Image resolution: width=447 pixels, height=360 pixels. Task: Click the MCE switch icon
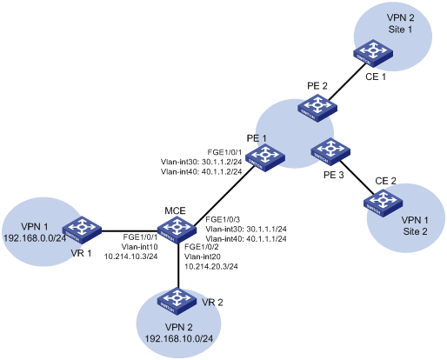tap(176, 230)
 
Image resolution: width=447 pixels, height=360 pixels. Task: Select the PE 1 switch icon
tap(265, 157)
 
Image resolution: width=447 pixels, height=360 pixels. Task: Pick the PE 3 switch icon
tap(330, 151)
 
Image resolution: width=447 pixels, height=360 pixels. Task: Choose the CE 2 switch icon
tap(384, 203)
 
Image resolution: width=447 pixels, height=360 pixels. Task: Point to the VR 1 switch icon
tap(82, 230)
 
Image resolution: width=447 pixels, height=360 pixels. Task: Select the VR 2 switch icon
tap(177, 301)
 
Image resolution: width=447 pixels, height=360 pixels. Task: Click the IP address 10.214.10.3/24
tap(131, 257)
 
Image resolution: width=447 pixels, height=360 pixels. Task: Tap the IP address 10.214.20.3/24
tap(211, 266)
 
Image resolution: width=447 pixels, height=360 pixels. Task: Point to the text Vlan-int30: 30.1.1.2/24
tap(201, 162)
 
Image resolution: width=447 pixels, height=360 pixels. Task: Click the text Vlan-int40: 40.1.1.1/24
tap(246, 239)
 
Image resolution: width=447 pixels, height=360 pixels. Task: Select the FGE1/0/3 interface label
tap(223, 219)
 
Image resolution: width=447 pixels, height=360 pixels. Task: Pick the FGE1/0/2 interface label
tap(202, 247)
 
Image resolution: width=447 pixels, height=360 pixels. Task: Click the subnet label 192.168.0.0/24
tap(35, 238)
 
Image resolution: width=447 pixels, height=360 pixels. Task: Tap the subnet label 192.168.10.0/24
tap(179, 338)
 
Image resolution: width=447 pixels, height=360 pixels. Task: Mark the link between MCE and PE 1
tap(223, 197)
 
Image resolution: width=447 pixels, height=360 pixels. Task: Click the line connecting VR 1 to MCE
tap(130, 231)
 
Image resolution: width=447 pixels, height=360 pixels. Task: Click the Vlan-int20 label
tap(203, 257)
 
